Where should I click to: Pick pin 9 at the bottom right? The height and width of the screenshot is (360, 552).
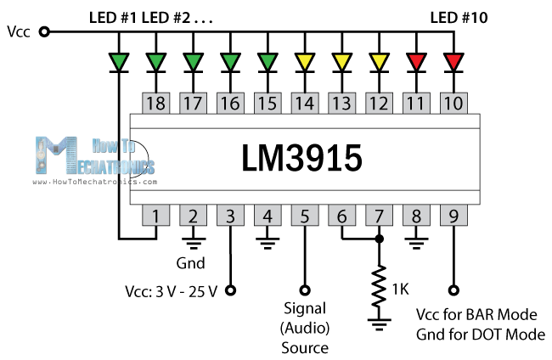coord(453,216)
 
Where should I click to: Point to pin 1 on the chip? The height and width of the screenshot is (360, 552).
coord(155,216)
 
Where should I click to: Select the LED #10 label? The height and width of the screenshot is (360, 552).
coord(459,15)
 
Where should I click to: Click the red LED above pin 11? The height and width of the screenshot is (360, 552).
coord(416,61)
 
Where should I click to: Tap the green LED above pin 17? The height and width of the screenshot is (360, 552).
coord(193,61)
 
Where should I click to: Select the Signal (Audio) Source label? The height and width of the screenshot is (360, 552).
coord(305,326)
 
